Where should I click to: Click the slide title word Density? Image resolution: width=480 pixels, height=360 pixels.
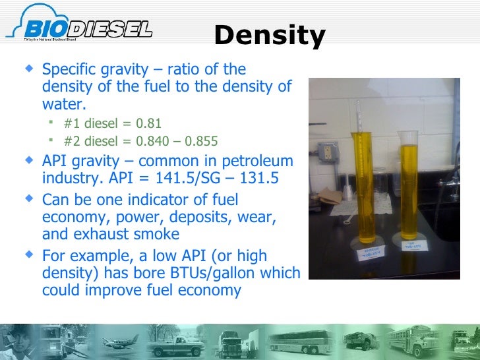[270, 36]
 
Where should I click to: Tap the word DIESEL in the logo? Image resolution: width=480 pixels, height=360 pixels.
[109, 29]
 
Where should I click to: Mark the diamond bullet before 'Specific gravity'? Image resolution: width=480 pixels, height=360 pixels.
[27, 68]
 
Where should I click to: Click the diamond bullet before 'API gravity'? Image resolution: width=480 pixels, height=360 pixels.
[27, 160]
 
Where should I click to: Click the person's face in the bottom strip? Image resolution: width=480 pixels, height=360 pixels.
[16, 340]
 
